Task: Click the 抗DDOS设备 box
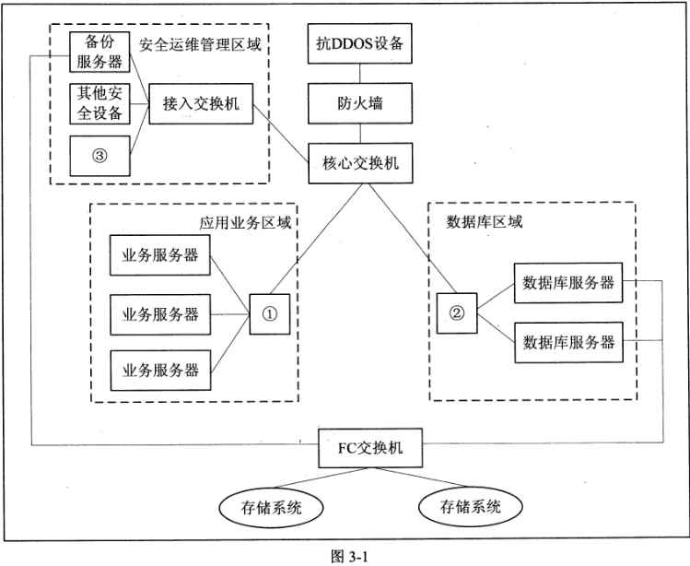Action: [359, 43]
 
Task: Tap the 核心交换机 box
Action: [359, 164]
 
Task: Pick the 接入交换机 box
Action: [199, 102]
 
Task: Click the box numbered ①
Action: [269, 312]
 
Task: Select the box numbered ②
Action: [458, 312]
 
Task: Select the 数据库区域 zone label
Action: [483, 221]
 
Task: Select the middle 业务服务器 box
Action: [160, 313]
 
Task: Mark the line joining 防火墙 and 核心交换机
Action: [359, 135]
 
